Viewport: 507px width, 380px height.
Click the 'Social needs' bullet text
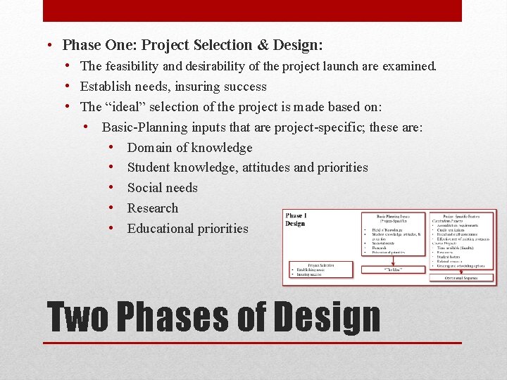point(162,188)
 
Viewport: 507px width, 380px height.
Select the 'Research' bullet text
point(153,208)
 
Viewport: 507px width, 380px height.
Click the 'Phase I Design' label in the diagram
point(296,220)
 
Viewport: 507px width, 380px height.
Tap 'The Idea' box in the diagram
point(393,269)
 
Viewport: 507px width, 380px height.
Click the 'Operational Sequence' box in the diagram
point(461,278)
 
